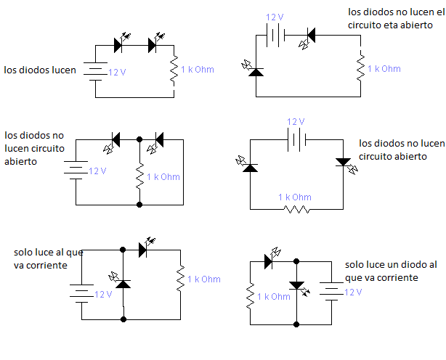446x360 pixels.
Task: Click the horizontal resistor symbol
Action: click(x=296, y=209)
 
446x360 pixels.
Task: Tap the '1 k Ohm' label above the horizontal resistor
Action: click(x=295, y=197)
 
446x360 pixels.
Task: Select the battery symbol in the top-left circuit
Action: click(x=94, y=70)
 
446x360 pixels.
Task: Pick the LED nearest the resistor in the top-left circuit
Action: click(x=153, y=46)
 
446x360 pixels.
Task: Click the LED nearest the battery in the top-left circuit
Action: click(x=119, y=46)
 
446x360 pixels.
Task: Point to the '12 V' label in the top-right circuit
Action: click(x=275, y=17)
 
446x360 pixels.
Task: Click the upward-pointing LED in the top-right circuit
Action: click(x=255, y=70)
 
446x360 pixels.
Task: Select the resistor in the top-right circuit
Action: click(x=360, y=68)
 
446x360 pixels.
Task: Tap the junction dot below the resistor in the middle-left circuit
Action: click(x=139, y=205)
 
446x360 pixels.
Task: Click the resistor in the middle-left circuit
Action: click(x=139, y=176)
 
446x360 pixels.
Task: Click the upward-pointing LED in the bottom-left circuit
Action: click(x=123, y=281)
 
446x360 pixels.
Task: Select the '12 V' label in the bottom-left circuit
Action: click(x=103, y=294)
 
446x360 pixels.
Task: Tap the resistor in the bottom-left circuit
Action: click(x=179, y=279)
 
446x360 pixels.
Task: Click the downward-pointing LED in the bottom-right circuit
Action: click(x=296, y=286)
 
